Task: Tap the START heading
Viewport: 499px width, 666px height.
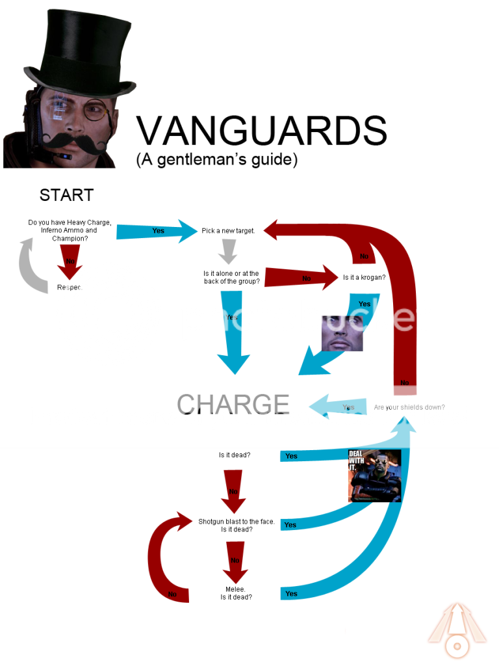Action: pyautogui.click(x=66, y=194)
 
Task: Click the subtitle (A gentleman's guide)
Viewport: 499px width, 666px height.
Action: pyautogui.click(x=217, y=160)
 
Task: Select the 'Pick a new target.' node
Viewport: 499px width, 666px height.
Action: pyautogui.click(x=228, y=231)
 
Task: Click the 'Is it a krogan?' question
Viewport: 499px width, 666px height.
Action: pyautogui.click(x=364, y=277)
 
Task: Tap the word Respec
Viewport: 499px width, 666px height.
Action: pyautogui.click(x=70, y=287)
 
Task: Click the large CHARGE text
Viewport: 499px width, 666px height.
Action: pyautogui.click(x=233, y=404)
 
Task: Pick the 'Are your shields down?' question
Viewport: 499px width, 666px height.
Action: pyautogui.click(x=409, y=408)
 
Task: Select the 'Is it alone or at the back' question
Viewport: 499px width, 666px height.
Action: pyautogui.click(x=231, y=278)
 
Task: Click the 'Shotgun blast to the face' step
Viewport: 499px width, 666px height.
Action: pyautogui.click(x=237, y=526)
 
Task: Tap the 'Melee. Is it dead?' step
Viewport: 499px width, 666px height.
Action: pyautogui.click(x=236, y=593)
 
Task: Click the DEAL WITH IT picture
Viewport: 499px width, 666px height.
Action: pyautogui.click(x=375, y=476)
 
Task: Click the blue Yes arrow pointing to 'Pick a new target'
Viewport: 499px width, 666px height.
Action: pyautogui.click(x=158, y=231)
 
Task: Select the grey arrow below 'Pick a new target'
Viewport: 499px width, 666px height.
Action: pyautogui.click(x=227, y=252)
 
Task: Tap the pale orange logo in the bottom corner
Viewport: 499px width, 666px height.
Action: pyautogui.click(x=457, y=630)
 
